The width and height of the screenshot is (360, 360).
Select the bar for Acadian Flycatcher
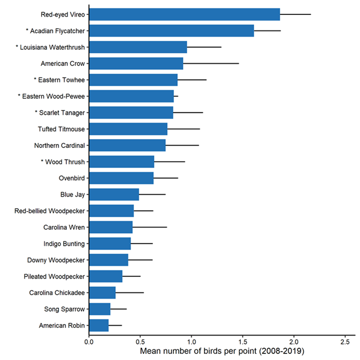171,31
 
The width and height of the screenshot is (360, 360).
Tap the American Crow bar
136,64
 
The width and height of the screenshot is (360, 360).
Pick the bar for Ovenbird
121,178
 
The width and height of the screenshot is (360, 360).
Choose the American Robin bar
99,326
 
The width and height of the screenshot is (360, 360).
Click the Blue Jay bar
114,194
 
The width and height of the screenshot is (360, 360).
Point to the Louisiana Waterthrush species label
50,47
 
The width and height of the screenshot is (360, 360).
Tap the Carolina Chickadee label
57,293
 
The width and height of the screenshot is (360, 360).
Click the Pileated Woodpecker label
54,276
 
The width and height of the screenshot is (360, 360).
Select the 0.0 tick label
89,342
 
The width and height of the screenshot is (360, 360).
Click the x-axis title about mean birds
221,352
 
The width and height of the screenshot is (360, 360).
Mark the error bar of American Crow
211,64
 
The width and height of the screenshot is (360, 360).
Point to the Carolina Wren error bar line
150,227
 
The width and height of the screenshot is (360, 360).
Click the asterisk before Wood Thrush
43,162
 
